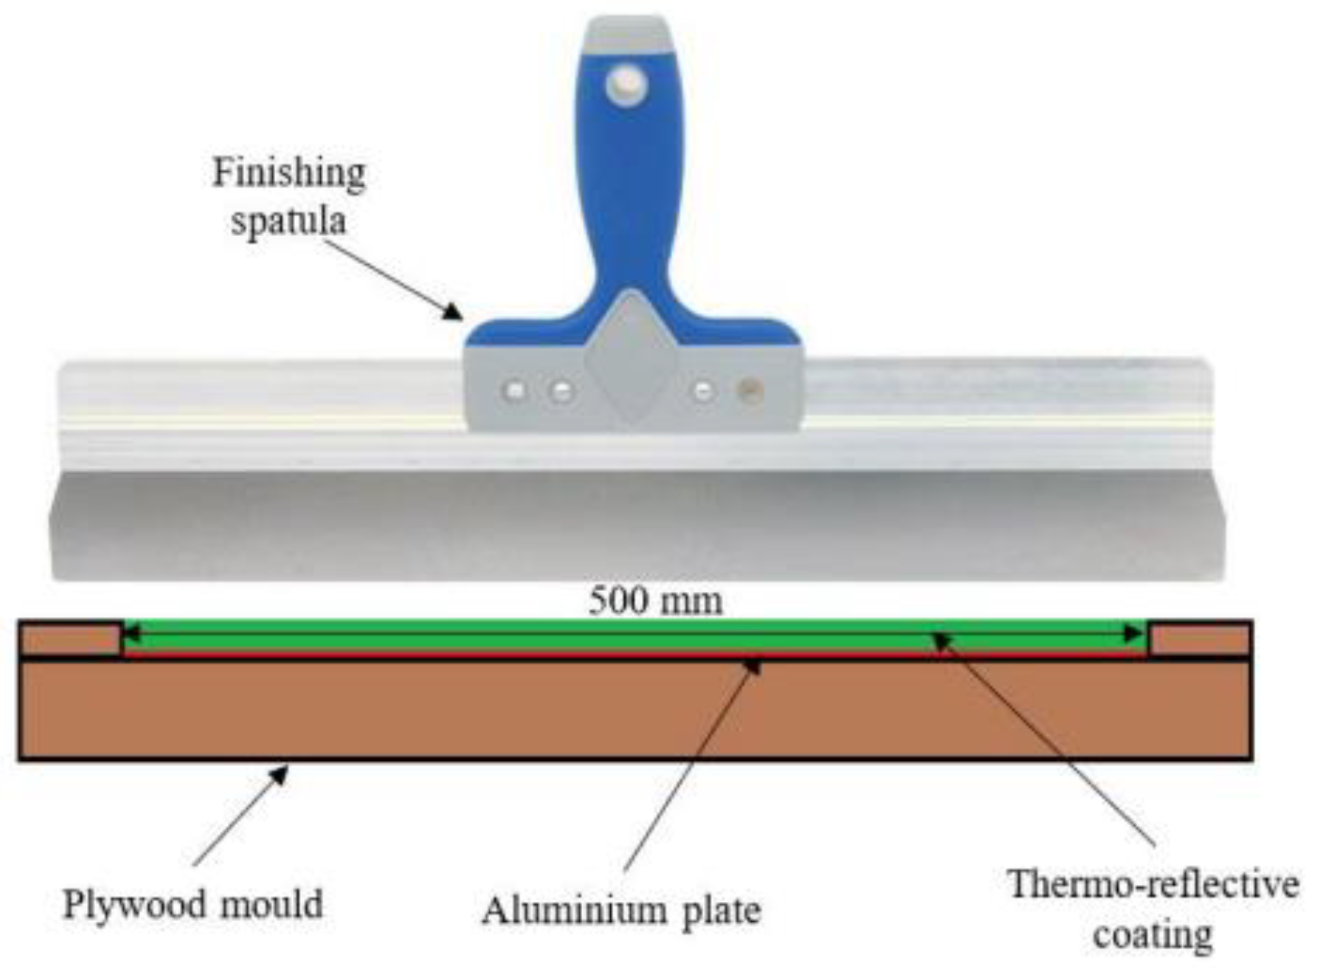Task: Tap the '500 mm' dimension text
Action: coord(655,601)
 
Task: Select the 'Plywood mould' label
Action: coord(193,904)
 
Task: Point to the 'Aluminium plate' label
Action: coord(621,911)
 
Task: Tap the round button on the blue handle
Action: coord(626,85)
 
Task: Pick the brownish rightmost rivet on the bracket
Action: coord(750,391)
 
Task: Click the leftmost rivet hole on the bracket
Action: coord(515,391)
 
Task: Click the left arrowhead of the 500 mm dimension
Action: coord(131,634)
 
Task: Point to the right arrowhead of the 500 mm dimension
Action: coord(1136,634)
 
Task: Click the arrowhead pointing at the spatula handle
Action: coord(452,313)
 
